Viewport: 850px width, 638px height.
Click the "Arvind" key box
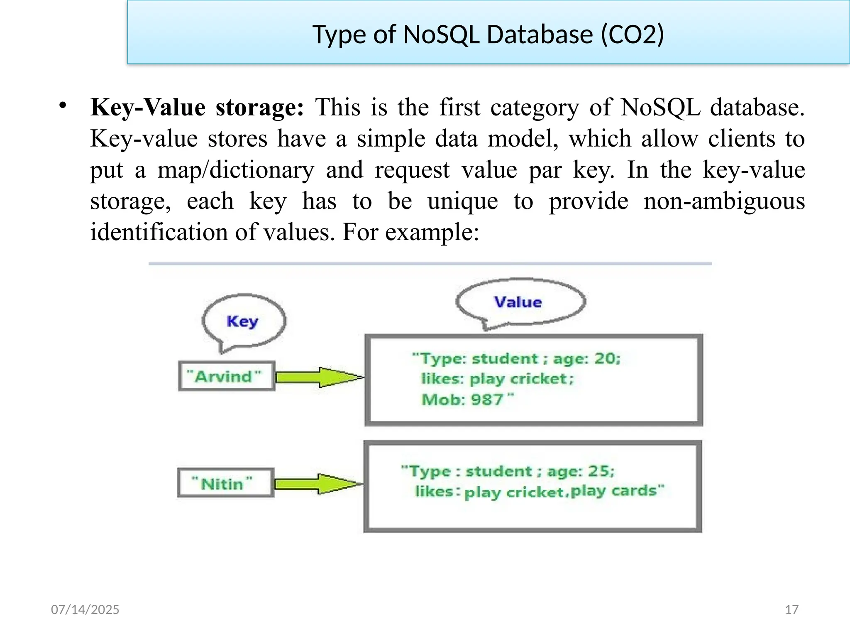(226, 376)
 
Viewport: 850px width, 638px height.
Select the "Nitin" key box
(225, 483)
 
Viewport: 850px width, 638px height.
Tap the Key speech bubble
(244, 321)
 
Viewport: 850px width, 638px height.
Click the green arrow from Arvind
(319, 377)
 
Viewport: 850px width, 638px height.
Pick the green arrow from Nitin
(318, 483)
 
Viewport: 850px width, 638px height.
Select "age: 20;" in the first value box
(586, 358)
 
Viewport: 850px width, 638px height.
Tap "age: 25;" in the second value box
(581, 471)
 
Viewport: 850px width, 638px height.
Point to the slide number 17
(791, 609)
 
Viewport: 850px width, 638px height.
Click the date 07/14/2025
(85, 609)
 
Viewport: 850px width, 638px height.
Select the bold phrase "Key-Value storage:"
(198, 108)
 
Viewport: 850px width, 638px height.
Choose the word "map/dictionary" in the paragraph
(236, 170)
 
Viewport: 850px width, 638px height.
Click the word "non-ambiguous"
(724, 201)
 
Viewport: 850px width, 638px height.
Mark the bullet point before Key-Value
(63, 105)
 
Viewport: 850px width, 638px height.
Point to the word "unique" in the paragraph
(463, 201)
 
